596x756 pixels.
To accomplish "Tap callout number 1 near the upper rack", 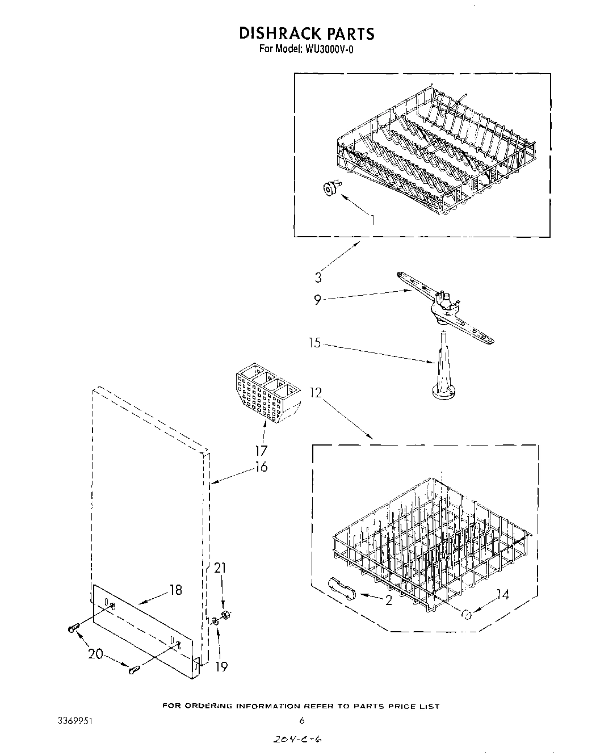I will click(x=372, y=219).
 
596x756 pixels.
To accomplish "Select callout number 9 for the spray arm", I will click(x=318, y=299).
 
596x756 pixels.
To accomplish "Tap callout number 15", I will click(x=315, y=343).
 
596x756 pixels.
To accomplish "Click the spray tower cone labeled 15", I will click(x=443, y=375).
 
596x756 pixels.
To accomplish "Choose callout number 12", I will click(x=316, y=392).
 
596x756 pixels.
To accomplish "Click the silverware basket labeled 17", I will click(x=266, y=395).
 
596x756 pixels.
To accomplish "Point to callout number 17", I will click(x=261, y=451).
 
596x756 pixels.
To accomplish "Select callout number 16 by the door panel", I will click(x=261, y=467).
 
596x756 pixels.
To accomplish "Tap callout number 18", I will click(x=175, y=590).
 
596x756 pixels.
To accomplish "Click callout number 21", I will click(x=220, y=568).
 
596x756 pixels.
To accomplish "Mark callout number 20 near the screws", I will click(x=95, y=654).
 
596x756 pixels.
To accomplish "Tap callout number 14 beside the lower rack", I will click(x=502, y=594).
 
